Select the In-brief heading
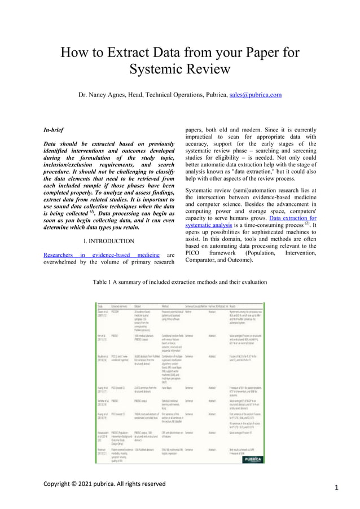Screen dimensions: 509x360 tap(54, 130)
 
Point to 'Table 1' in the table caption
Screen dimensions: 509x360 tap(103, 282)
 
